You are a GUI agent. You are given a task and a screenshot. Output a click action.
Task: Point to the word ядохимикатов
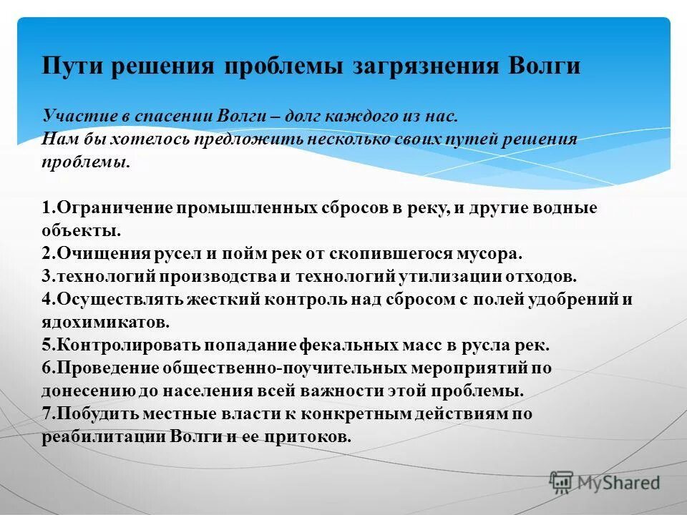pyautogui.click(x=104, y=322)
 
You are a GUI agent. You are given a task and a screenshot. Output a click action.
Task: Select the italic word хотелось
pyautogui.click(x=116, y=139)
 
